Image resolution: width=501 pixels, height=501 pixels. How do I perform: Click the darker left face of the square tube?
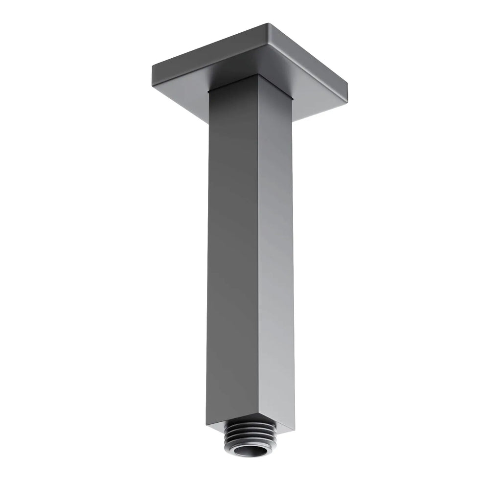pos(230,245)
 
